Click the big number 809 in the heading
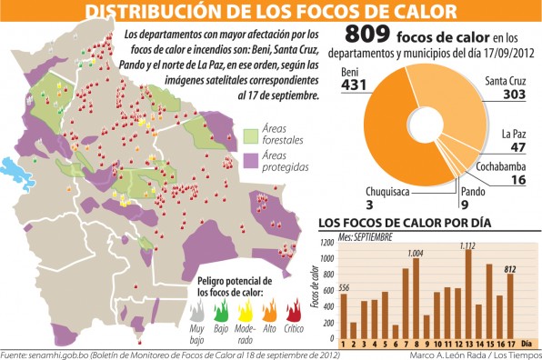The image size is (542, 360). pyautogui.click(x=364, y=39)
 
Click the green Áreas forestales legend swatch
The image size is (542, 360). pyautogui.click(x=254, y=136)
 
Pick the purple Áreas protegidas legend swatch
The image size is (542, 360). pyautogui.click(x=254, y=163)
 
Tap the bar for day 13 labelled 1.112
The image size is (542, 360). pyautogui.click(x=467, y=292)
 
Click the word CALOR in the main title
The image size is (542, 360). pyautogui.click(x=411, y=12)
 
